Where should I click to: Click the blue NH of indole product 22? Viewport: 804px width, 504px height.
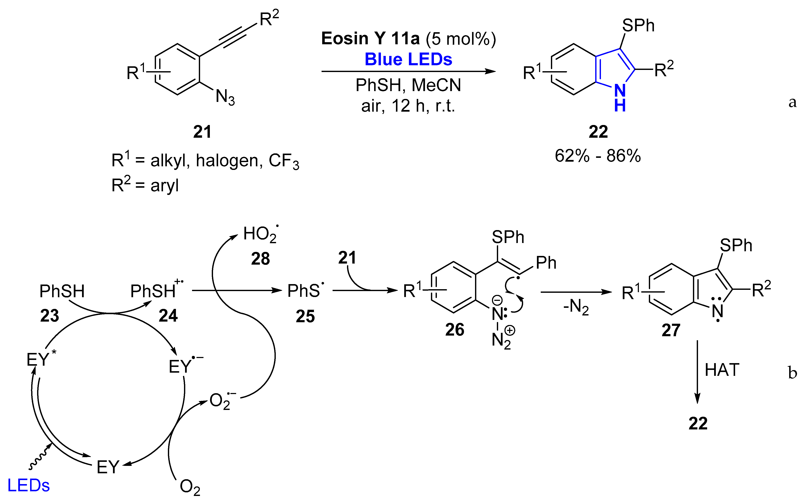pos(620,98)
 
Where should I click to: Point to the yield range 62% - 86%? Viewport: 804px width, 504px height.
pos(598,156)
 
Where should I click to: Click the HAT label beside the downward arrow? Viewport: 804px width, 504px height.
pos(722,370)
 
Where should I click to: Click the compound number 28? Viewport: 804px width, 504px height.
pos(260,259)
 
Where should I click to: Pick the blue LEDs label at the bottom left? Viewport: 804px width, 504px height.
pos(28,485)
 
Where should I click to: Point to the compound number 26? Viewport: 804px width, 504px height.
pos(454,330)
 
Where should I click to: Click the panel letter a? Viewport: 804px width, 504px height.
pos(792,102)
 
